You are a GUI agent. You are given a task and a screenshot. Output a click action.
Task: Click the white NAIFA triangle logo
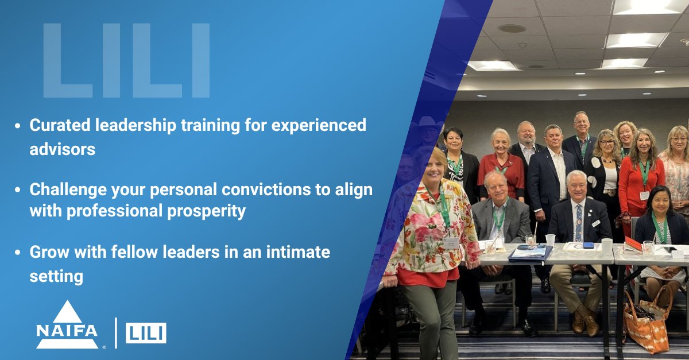[67, 325]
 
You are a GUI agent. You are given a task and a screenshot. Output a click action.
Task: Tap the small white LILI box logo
[146, 332]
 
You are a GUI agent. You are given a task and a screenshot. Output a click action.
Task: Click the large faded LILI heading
[126, 61]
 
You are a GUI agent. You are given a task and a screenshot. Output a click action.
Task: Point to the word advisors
[62, 149]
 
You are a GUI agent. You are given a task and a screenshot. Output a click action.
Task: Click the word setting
[56, 276]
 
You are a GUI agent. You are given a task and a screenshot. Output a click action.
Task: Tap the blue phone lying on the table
[589, 245]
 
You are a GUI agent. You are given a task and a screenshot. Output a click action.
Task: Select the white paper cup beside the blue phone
[606, 246]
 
